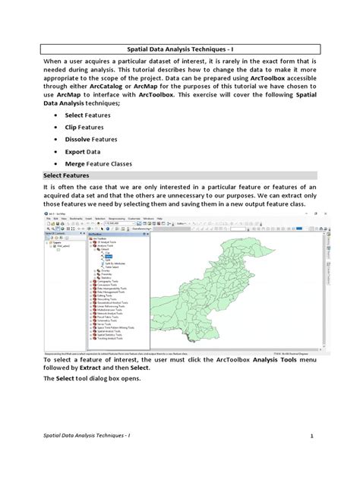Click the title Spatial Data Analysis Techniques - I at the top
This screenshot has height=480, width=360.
click(x=180, y=48)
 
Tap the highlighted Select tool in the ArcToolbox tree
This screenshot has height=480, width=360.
click(x=98, y=257)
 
